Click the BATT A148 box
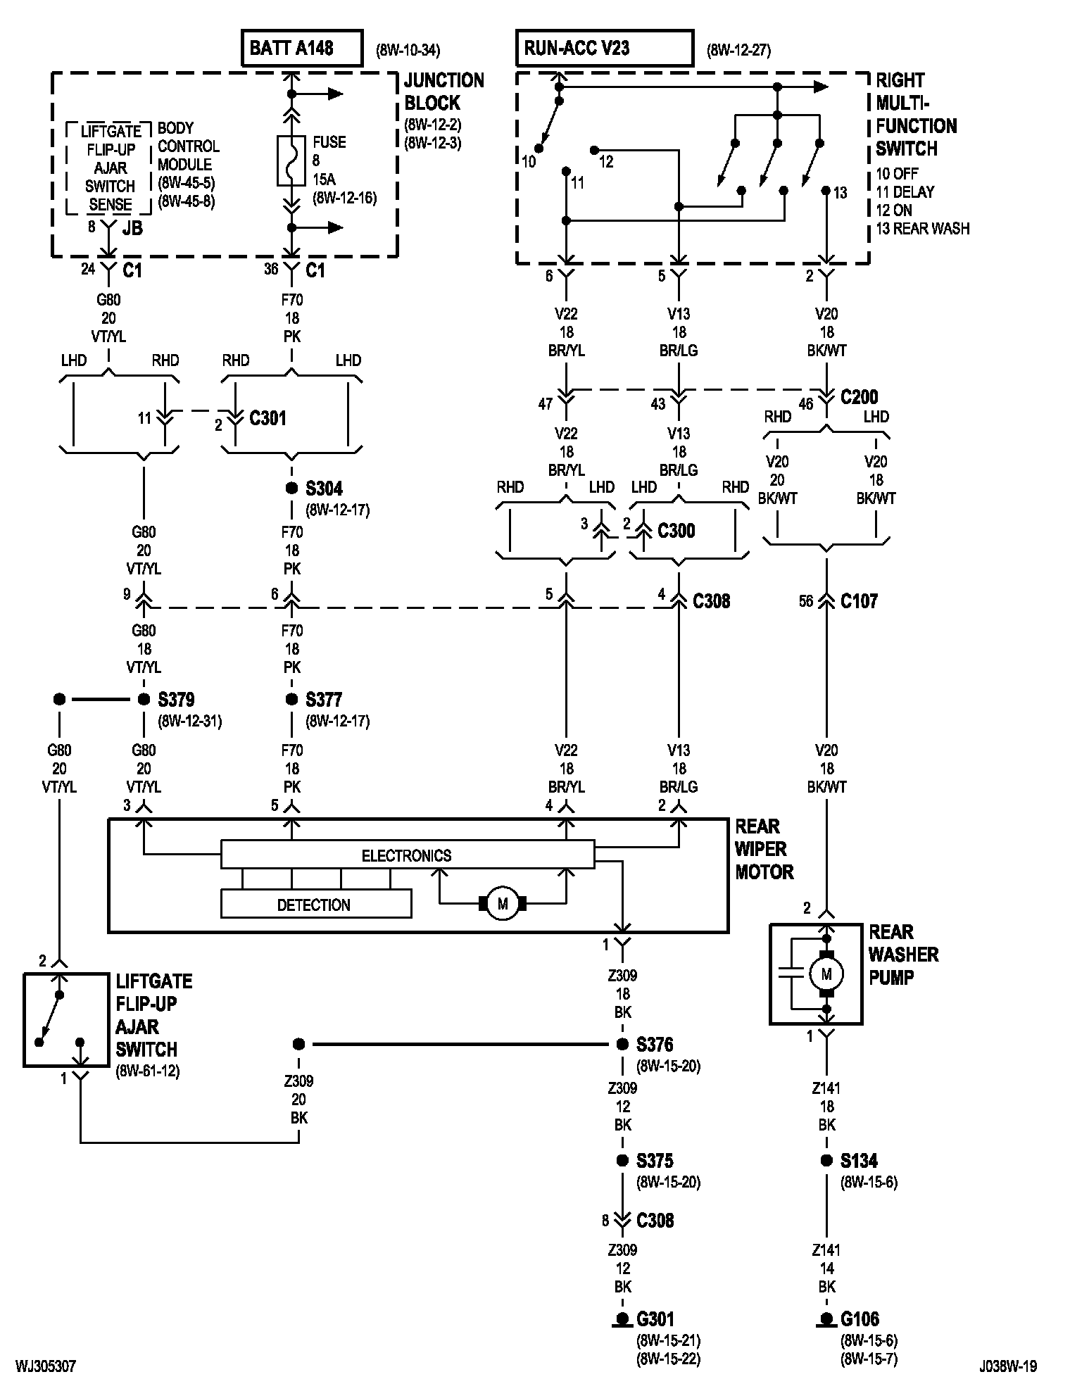(302, 48)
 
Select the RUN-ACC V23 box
(605, 48)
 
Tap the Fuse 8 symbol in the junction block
(291, 160)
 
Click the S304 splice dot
(291, 488)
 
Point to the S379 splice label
(176, 700)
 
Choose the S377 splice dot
(291, 700)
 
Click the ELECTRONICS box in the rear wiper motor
(408, 855)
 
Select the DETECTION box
(316, 904)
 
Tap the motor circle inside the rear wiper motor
(503, 904)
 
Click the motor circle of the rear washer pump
(826, 974)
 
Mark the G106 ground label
(860, 1319)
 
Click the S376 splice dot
(622, 1045)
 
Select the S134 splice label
(859, 1161)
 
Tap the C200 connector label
(860, 397)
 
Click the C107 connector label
(859, 601)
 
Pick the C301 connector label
(268, 418)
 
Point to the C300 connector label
(676, 531)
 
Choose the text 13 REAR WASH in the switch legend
(923, 229)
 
